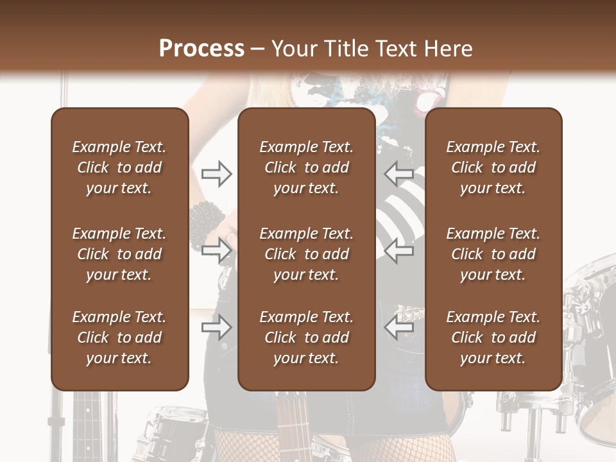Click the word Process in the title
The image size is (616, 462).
pyautogui.click(x=201, y=49)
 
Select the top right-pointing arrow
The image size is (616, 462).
pyautogui.click(x=217, y=173)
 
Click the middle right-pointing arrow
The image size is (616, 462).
pyautogui.click(x=217, y=250)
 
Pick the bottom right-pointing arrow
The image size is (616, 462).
pyautogui.click(x=217, y=327)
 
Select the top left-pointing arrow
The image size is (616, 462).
pyautogui.click(x=398, y=173)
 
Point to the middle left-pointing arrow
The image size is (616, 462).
pyautogui.click(x=398, y=250)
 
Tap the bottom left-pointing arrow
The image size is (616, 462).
pyautogui.click(x=398, y=327)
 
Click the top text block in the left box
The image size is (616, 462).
pyautogui.click(x=119, y=167)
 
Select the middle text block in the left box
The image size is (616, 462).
pyautogui.click(x=119, y=254)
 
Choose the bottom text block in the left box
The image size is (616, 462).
pyautogui.click(x=119, y=338)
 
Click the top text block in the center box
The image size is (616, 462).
pyautogui.click(x=306, y=167)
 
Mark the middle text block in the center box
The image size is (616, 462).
pyautogui.click(x=306, y=254)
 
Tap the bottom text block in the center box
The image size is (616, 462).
pyautogui.click(x=306, y=338)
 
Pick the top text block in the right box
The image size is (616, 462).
pyautogui.click(x=493, y=167)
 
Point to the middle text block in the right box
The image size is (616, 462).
pyautogui.click(x=493, y=254)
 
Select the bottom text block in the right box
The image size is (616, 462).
pyautogui.click(x=493, y=338)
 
